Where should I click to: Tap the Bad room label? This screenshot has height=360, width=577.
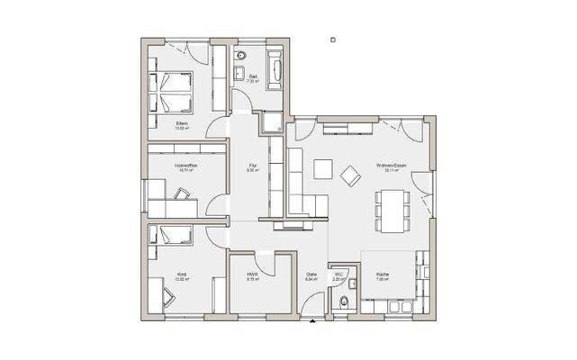(253, 77)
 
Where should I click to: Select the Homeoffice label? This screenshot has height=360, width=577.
(185, 166)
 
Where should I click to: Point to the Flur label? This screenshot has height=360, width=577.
(254, 166)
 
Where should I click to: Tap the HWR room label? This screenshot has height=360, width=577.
(253, 276)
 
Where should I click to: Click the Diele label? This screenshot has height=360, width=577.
(311, 274)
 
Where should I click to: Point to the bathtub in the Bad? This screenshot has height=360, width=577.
(275, 70)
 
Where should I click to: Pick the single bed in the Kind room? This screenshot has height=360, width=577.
(171, 238)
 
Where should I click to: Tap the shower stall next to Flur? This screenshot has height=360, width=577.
(271, 123)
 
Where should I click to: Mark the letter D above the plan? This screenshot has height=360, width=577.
(332, 40)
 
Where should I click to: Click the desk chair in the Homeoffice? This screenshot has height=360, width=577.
(184, 192)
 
